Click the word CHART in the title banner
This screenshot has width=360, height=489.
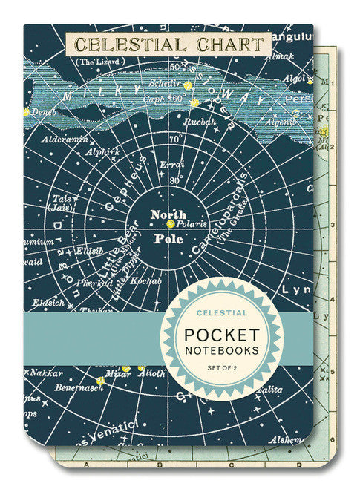pyautogui.click(x=225, y=45)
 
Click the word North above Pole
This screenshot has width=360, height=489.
pyautogui.click(x=168, y=214)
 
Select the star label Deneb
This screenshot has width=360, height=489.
pyautogui.click(x=45, y=112)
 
